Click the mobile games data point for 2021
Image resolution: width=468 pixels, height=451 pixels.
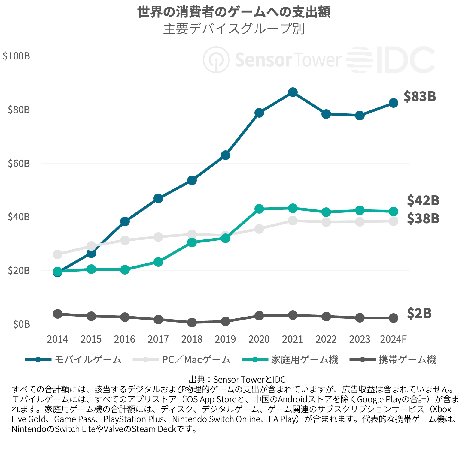tap(293, 92)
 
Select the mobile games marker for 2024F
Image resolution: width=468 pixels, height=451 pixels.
tap(394, 103)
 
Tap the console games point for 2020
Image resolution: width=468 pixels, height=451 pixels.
tap(259, 209)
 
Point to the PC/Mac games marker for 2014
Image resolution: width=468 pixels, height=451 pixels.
tap(58, 254)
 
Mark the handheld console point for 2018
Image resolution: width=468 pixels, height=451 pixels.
tap(192, 323)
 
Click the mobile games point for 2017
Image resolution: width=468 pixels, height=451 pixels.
tap(158, 198)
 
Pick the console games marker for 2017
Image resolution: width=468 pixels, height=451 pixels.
tap(158, 262)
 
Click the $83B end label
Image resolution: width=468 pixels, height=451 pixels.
tap(420, 96)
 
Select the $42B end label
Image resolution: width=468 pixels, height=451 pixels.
tap(423, 200)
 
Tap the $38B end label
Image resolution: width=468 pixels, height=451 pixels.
tap(423, 218)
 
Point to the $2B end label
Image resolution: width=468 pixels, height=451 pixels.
tap(419, 313)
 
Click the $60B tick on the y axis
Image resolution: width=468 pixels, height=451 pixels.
tap(19, 164)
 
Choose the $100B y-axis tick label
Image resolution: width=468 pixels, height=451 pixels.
tap(16, 56)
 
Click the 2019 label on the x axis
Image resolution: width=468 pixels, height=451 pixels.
tap(225, 339)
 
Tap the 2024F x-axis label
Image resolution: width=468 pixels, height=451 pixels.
tap(393, 339)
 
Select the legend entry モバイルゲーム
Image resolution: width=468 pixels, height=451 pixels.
tap(88, 359)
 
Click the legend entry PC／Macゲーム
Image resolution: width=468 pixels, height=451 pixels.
tap(196, 359)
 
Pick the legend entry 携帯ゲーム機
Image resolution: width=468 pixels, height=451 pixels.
tap(407, 359)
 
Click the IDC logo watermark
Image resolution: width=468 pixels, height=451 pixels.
tap(391, 60)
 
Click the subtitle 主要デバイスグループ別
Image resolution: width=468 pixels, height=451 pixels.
tap(234, 29)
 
